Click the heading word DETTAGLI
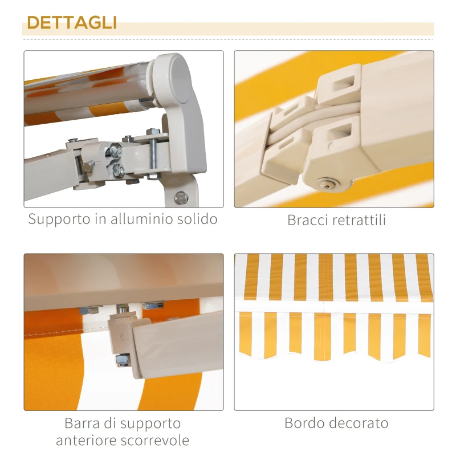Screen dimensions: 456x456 pyautogui.click(x=72, y=23)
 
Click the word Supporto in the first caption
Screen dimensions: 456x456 pyautogui.click(x=57, y=219)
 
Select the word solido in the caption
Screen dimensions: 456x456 pyautogui.click(x=197, y=219)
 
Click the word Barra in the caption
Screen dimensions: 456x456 pyautogui.click(x=83, y=424)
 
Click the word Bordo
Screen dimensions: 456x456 pyautogui.click(x=306, y=424)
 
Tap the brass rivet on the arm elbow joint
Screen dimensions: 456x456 pyautogui.click(x=328, y=184)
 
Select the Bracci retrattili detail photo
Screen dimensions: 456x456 pyautogui.click(x=334, y=129)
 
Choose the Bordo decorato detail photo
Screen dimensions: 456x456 pyautogui.click(x=334, y=332)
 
